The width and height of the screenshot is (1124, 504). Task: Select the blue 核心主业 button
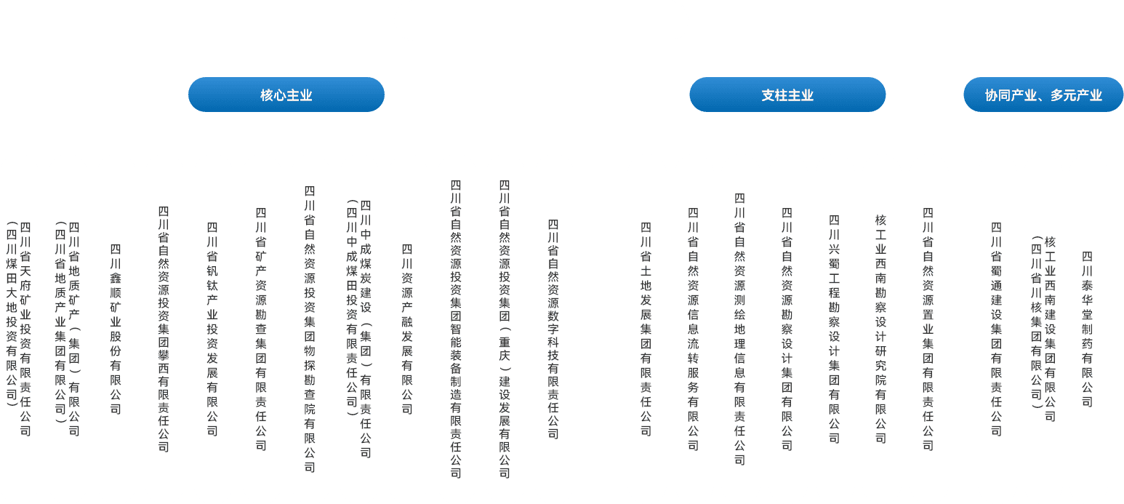point(286,95)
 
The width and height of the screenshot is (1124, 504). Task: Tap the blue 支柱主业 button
point(787,95)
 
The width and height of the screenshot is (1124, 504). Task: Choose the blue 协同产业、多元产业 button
point(1043,95)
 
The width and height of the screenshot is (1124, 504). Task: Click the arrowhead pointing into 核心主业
point(286,72)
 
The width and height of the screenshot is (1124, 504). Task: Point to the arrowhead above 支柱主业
point(788,72)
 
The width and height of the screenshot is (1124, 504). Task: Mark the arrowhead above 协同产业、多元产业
point(1044,72)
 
